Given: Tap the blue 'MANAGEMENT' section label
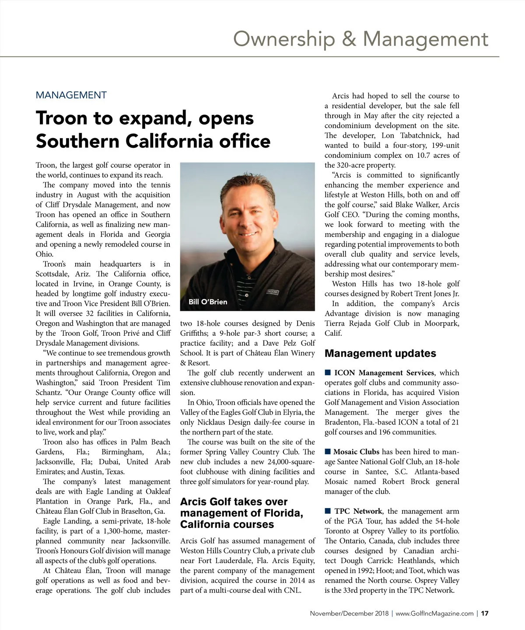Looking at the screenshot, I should point(71,95).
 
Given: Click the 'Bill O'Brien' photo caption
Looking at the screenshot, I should point(208,302).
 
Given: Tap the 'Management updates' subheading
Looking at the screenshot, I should point(380,353).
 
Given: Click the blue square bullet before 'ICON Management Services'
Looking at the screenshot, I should point(327,372).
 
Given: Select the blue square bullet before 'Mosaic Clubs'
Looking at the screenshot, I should point(327,451).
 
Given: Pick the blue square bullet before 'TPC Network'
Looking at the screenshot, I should point(327,511).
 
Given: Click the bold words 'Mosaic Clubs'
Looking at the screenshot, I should point(356,452).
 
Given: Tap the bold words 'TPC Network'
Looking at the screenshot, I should point(358,511).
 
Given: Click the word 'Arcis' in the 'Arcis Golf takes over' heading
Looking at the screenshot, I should point(193,501).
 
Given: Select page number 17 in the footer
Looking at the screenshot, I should point(485,613).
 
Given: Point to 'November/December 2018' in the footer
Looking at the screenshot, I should point(349,613).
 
